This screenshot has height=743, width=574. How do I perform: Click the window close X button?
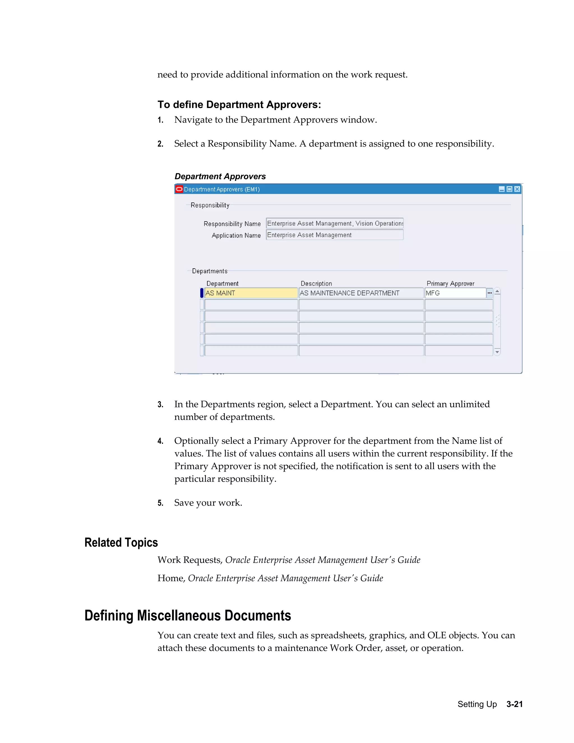(x=517, y=189)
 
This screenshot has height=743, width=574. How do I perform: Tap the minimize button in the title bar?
(x=502, y=189)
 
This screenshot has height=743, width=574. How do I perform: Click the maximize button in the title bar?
(x=509, y=189)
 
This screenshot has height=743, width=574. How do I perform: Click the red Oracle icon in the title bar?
(x=179, y=189)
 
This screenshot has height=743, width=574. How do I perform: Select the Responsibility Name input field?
(x=335, y=223)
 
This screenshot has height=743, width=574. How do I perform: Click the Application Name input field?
(x=335, y=235)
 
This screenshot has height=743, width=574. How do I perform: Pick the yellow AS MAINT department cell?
(x=251, y=293)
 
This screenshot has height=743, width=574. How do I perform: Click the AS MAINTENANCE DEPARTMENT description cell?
(x=361, y=293)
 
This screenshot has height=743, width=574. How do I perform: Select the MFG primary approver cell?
(x=455, y=293)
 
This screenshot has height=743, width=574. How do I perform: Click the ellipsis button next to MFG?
(x=490, y=293)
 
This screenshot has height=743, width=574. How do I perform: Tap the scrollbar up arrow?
(x=497, y=291)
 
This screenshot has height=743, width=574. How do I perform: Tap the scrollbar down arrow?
(x=497, y=352)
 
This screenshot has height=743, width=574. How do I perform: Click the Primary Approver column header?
(x=450, y=283)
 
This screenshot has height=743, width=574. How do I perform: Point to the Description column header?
(x=316, y=283)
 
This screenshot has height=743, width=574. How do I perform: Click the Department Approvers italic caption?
(x=220, y=176)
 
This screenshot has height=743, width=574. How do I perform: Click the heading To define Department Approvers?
(x=239, y=105)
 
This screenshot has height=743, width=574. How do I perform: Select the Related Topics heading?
(x=121, y=542)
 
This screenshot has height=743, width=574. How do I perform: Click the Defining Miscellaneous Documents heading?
(x=188, y=615)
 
